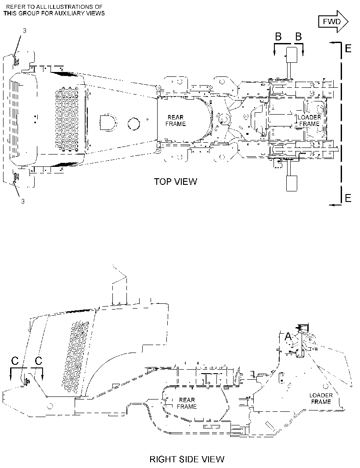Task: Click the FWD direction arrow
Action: point(333,22)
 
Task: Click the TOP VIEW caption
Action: point(176,181)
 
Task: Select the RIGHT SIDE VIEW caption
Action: point(187,459)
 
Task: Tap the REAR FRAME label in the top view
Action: point(176,121)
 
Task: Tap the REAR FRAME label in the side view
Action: point(187,403)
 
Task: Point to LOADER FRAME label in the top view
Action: point(310,120)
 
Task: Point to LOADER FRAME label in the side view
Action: point(321,399)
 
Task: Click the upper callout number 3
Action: point(25,30)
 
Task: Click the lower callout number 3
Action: point(23,202)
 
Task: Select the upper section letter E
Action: point(348,48)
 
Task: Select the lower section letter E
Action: point(348,198)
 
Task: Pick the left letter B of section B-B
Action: point(278,37)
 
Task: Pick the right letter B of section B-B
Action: point(299,37)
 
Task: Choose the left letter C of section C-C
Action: point(14,361)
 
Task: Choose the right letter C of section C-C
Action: point(39,361)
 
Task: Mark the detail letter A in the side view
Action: point(288,337)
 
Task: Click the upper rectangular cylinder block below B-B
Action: point(292,55)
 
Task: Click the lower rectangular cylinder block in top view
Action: point(292,183)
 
